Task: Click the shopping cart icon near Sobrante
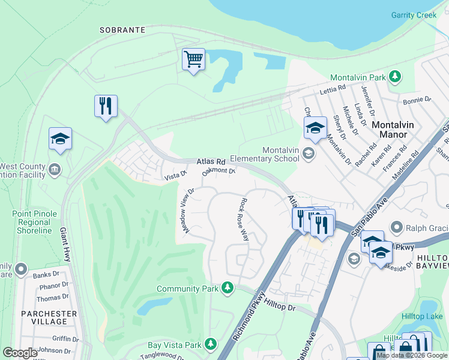coord(193,59)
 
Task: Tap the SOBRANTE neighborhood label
coord(122,29)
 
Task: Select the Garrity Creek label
coord(414,15)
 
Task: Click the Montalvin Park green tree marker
coord(394,76)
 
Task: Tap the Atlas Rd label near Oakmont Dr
coord(211,162)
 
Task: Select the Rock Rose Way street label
coord(245,219)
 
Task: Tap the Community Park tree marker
coord(227,289)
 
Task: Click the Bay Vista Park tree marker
coord(210,344)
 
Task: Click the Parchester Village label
coord(49,318)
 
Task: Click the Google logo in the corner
coord(20,352)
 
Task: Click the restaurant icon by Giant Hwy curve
coord(106,106)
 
